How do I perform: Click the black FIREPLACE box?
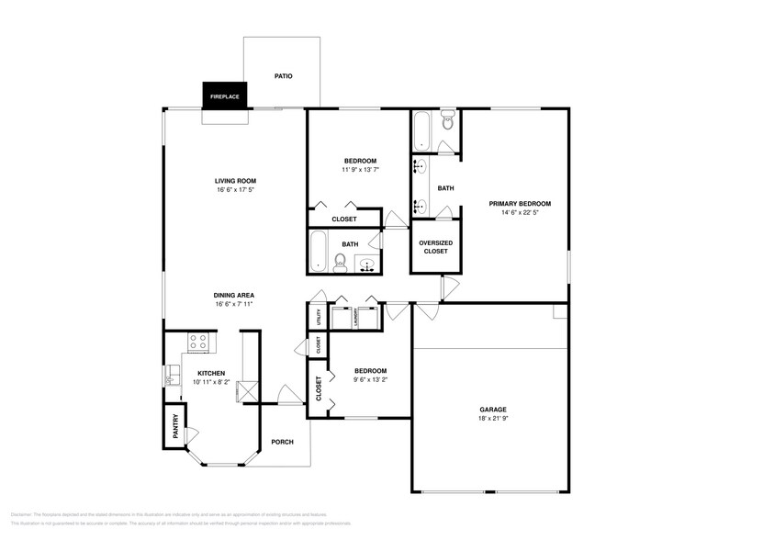click(x=225, y=96)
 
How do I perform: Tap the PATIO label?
click(x=283, y=75)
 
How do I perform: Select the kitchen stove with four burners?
click(x=197, y=343)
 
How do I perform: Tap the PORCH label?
click(x=283, y=442)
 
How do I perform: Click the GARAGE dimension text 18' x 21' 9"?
click(x=493, y=419)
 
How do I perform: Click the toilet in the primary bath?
click(x=447, y=119)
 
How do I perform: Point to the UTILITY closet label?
click(x=318, y=317)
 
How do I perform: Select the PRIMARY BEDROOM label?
click(x=520, y=203)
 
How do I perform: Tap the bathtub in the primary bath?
click(x=421, y=129)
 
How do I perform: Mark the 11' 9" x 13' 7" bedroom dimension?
click(x=360, y=170)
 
